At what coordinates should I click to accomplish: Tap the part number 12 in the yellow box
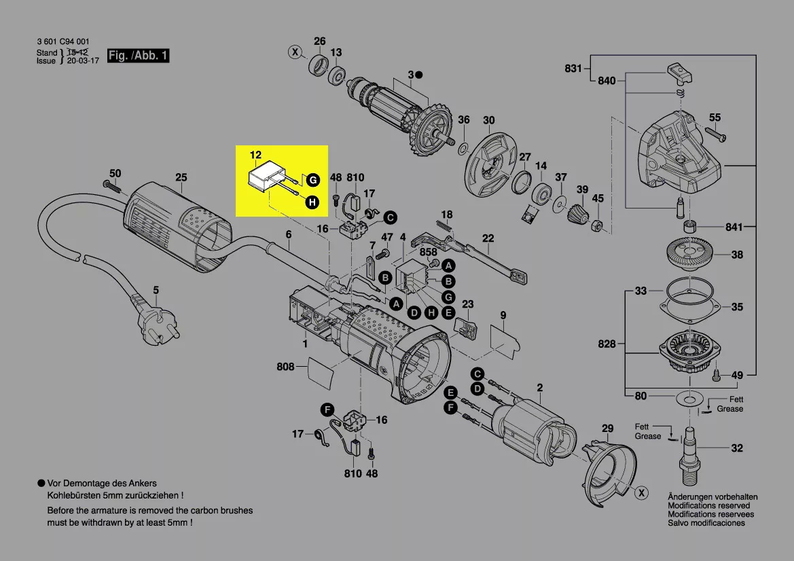pos(255,156)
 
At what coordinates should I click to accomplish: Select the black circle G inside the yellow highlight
pos(312,180)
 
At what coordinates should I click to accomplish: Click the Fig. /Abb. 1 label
pos(139,56)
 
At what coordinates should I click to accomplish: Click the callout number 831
pos(574,68)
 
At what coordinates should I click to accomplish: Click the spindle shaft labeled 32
pos(691,450)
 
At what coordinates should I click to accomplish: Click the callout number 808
pos(286,367)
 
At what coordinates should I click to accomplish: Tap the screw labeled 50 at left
pos(108,183)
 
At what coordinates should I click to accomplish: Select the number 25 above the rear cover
pos(181,178)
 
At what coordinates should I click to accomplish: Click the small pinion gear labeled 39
pos(578,216)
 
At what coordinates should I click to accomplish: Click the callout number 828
pos(607,344)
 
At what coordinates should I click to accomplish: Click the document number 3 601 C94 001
pos(62,42)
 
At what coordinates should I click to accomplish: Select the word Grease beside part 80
pos(729,409)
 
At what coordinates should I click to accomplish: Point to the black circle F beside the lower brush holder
pos(327,409)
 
